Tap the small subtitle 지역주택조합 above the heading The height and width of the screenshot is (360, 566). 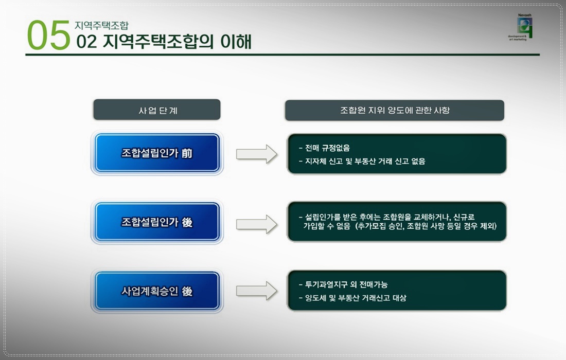(x=101, y=25)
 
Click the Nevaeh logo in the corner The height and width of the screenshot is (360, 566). (x=525, y=28)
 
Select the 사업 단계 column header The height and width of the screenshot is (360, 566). (x=157, y=110)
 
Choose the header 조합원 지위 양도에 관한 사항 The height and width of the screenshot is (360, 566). (x=395, y=110)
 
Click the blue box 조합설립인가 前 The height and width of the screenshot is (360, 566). (x=157, y=153)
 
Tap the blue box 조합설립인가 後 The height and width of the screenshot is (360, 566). (x=157, y=222)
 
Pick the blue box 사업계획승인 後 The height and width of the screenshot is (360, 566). (x=157, y=291)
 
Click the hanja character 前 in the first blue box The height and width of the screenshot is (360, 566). (x=187, y=153)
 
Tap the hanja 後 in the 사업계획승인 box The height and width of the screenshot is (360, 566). (x=187, y=291)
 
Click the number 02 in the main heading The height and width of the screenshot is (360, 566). (x=86, y=42)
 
